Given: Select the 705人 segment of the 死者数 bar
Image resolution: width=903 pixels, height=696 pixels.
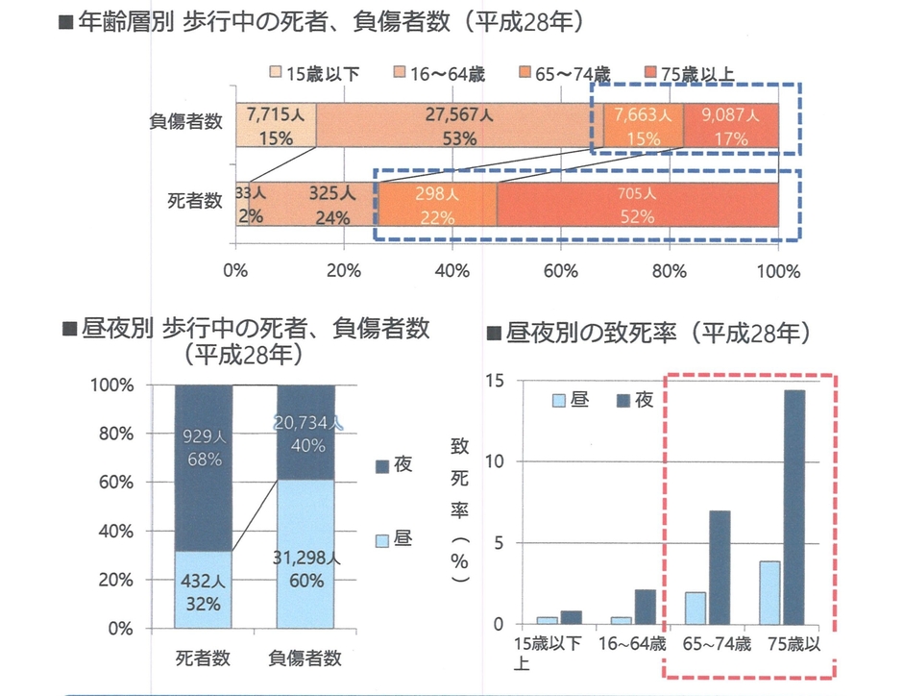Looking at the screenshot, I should (637, 205).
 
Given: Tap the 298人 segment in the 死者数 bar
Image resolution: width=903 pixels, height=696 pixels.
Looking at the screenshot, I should (437, 205).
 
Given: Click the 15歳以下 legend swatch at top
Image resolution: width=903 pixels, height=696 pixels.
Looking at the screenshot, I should (276, 73).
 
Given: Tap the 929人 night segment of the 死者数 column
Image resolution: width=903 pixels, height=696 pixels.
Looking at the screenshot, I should (204, 447).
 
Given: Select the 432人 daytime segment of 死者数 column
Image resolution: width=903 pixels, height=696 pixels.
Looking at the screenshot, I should (204, 589).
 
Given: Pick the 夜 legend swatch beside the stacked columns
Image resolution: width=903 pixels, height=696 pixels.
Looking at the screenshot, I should (379, 465).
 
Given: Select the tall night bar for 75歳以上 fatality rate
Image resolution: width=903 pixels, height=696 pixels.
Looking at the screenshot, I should (794, 507).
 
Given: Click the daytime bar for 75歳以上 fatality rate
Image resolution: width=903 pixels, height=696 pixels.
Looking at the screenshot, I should (769, 592).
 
